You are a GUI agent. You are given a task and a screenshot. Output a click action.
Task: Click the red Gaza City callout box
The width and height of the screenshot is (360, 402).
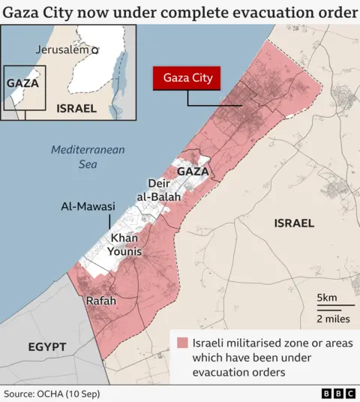(187, 78)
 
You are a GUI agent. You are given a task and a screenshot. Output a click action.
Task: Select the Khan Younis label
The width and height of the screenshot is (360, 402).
(125, 244)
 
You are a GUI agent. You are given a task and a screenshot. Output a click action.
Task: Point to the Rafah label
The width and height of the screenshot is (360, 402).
(101, 301)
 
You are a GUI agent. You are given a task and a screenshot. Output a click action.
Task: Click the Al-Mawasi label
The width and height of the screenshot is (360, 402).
(88, 206)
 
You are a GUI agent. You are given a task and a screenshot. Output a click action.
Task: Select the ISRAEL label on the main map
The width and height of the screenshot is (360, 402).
(294, 223)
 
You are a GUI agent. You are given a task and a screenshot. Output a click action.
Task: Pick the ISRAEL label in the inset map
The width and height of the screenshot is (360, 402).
(76, 108)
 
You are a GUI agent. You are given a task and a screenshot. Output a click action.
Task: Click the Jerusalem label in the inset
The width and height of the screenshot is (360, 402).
(62, 49)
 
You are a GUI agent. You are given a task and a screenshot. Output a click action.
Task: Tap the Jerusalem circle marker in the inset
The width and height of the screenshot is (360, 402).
(95, 50)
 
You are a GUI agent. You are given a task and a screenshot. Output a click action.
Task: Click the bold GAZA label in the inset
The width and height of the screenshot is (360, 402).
(22, 83)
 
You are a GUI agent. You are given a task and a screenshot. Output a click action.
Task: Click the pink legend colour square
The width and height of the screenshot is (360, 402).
(182, 343)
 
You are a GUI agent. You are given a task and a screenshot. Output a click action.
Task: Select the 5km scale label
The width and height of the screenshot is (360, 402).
(327, 298)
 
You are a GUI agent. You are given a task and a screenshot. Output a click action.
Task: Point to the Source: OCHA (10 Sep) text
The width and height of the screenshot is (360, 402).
(51, 393)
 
